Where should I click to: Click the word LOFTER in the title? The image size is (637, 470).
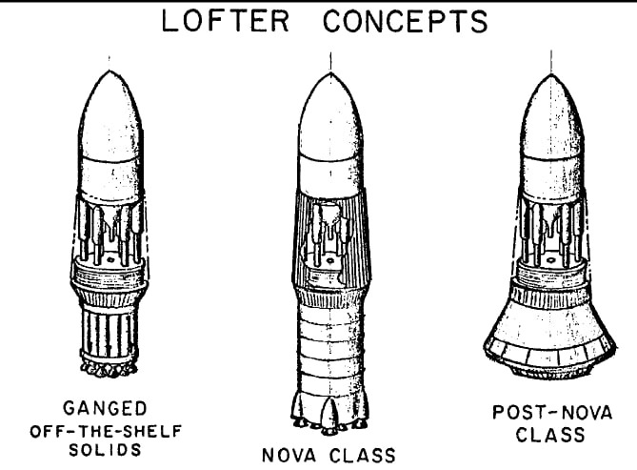tap(226, 21)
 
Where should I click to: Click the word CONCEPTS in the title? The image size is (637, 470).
tap(406, 21)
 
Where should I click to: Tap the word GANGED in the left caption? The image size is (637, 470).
tap(105, 408)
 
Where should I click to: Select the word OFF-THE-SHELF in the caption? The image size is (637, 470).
tap(106, 431)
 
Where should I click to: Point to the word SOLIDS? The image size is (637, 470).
tap(105, 450)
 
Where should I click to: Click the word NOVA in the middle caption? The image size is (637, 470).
tap(289, 455)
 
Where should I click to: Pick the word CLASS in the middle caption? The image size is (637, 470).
tap(362, 455)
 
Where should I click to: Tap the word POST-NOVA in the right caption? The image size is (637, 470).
tap(552, 412)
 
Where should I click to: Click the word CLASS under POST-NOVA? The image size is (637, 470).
tap(550, 434)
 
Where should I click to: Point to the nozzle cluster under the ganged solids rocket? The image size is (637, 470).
tap(109, 369)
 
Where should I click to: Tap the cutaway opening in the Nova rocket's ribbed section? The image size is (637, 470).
tap(328, 240)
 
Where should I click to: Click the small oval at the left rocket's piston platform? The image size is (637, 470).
tap(110, 258)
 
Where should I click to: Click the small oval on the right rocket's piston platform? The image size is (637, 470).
tap(550, 259)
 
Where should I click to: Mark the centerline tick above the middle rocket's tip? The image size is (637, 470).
tap(330, 62)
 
